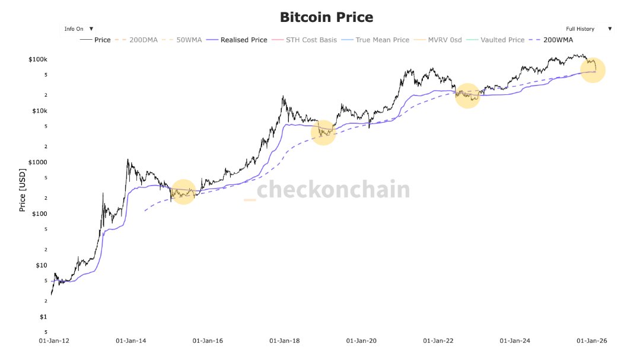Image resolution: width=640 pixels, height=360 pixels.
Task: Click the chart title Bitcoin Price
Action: pos(326,17)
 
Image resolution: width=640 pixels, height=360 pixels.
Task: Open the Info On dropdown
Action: pos(79,28)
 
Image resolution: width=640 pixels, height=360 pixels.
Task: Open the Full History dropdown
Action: pos(588,28)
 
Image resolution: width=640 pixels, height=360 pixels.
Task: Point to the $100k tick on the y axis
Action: pos(37,60)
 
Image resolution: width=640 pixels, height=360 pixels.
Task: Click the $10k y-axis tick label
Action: pos(39,111)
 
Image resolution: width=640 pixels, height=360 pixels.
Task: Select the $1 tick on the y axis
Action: pos(43,317)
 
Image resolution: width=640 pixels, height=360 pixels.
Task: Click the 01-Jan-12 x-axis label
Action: pos(53,341)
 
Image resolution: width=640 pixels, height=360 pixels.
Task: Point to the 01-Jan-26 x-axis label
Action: pos(591,341)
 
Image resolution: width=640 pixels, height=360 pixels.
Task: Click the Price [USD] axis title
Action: pos(22,190)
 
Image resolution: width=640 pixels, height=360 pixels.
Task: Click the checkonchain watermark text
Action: pos(332,190)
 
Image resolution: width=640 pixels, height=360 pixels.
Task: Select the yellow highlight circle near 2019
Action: pos(323,132)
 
